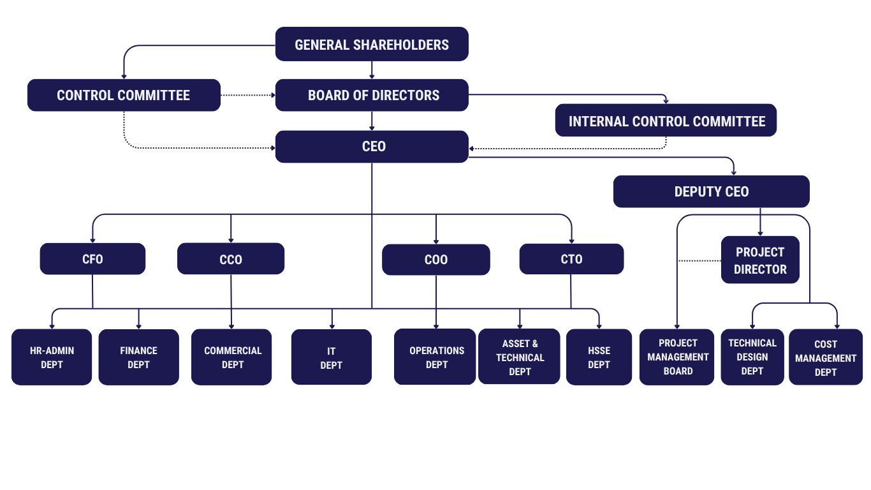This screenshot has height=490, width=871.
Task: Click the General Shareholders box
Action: click(x=372, y=44)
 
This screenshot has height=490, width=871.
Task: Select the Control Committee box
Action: click(x=124, y=95)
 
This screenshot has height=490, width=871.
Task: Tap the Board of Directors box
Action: click(x=372, y=95)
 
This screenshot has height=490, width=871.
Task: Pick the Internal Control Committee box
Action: click(x=666, y=121)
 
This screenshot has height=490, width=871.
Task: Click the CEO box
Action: click(x=372, y=146)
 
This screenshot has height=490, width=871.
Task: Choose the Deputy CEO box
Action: click(x=711, y=191)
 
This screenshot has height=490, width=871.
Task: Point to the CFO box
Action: click(x=92, y=259)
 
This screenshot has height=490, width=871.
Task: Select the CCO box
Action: click(x=231, y=259)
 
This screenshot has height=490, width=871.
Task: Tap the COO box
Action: click(x=436, y=260)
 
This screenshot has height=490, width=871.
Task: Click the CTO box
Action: click(x=571, y=259)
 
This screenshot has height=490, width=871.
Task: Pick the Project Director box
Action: click(x=760, y=260)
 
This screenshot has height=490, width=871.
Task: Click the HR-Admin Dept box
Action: click(x=52, y=357)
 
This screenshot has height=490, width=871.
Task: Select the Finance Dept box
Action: click(x=138, y=357)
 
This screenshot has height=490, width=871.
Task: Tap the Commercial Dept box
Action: click(x=232, y=357)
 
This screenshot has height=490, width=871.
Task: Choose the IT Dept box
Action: click(x=332, y=357)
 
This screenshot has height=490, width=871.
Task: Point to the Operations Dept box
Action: click(x=435, y=357)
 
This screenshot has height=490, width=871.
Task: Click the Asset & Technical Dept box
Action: click(x=520, y=357)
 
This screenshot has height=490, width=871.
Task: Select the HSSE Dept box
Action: click(x=599, y=357)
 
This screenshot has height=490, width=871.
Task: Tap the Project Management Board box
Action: click(x=677, y=357)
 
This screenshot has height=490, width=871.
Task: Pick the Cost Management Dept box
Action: click(x=826, y=357)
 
